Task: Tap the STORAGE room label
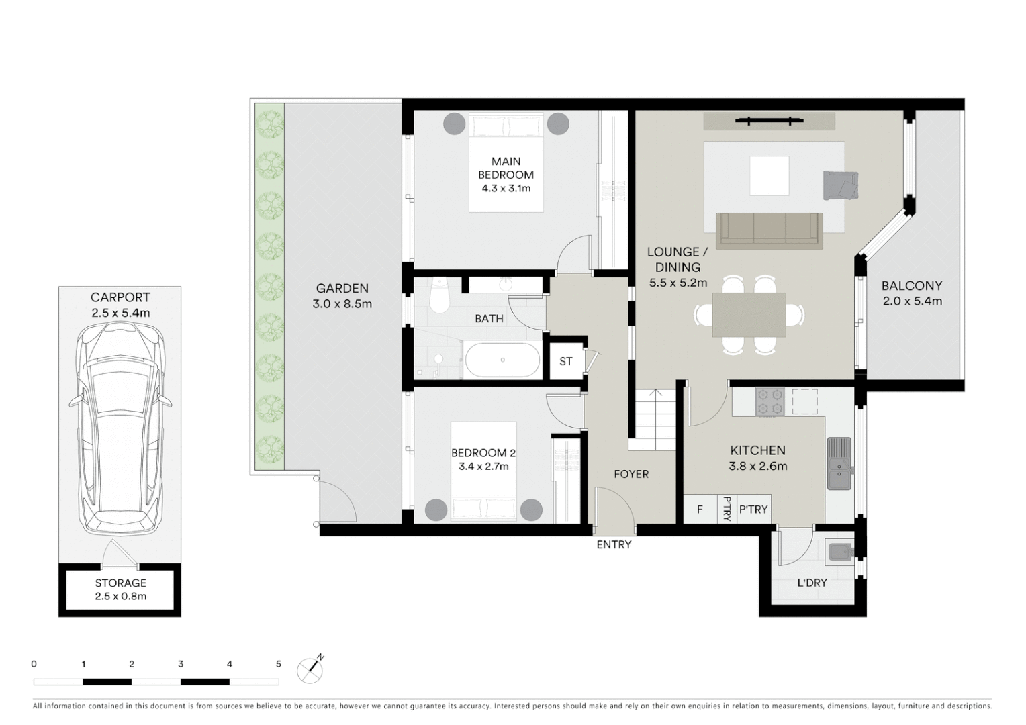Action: pos(120,583)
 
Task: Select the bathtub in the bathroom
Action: pos(502,360)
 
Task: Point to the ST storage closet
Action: pos(566,361)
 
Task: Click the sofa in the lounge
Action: pos(769,230)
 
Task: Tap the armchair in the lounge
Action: pos(840,185)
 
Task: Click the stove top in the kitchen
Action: pos(770,401)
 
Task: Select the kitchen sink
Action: pos(839,463)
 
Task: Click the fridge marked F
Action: pos(700,510)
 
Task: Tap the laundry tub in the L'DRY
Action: pos(839,552)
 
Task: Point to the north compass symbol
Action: pos(311,669)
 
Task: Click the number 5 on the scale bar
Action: pos(278,664)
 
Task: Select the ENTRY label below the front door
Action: pos(614,544)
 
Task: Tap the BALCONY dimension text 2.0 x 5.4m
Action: pos(912,301)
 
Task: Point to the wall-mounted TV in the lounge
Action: pos(769,121)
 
